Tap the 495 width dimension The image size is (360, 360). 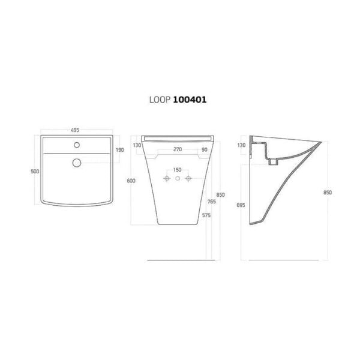(76, 130)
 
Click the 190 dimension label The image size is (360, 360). (119, 150)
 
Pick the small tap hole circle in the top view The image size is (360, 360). (76, 145)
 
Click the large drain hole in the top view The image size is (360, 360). (76, 162)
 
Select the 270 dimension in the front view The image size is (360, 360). (178, 149)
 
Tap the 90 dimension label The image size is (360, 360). (204, 149)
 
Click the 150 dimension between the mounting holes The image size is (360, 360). (178, 170)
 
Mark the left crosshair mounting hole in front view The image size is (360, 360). (167, 179)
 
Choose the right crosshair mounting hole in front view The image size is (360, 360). (188, 179)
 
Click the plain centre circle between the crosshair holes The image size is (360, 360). (178, 179)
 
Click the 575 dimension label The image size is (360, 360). (206, 215)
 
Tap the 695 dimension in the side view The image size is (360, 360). (241, 205)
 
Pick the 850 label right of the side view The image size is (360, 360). (328, 193)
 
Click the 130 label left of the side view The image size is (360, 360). (241, 145)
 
